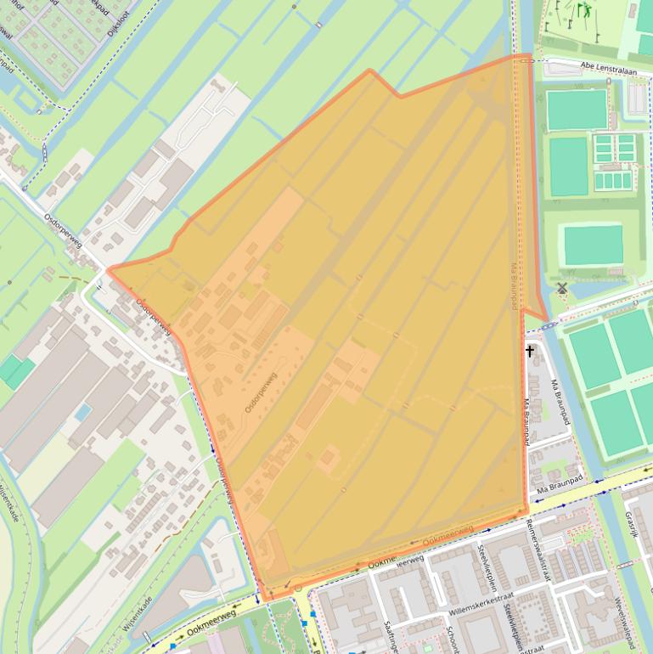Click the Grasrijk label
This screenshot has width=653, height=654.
[x=631, y=526]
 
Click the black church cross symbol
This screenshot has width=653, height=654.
[x=531, y=351]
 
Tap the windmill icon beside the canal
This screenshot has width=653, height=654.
[x=561, y=289]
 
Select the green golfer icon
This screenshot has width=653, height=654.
[x=584, y=10]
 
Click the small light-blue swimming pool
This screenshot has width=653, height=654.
[x=82, y=413]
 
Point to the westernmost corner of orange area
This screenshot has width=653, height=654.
[x=110, y=271]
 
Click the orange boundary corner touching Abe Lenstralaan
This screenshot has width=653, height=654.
[x=531, y=58]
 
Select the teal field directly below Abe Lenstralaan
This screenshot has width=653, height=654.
[x=577, y=110]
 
